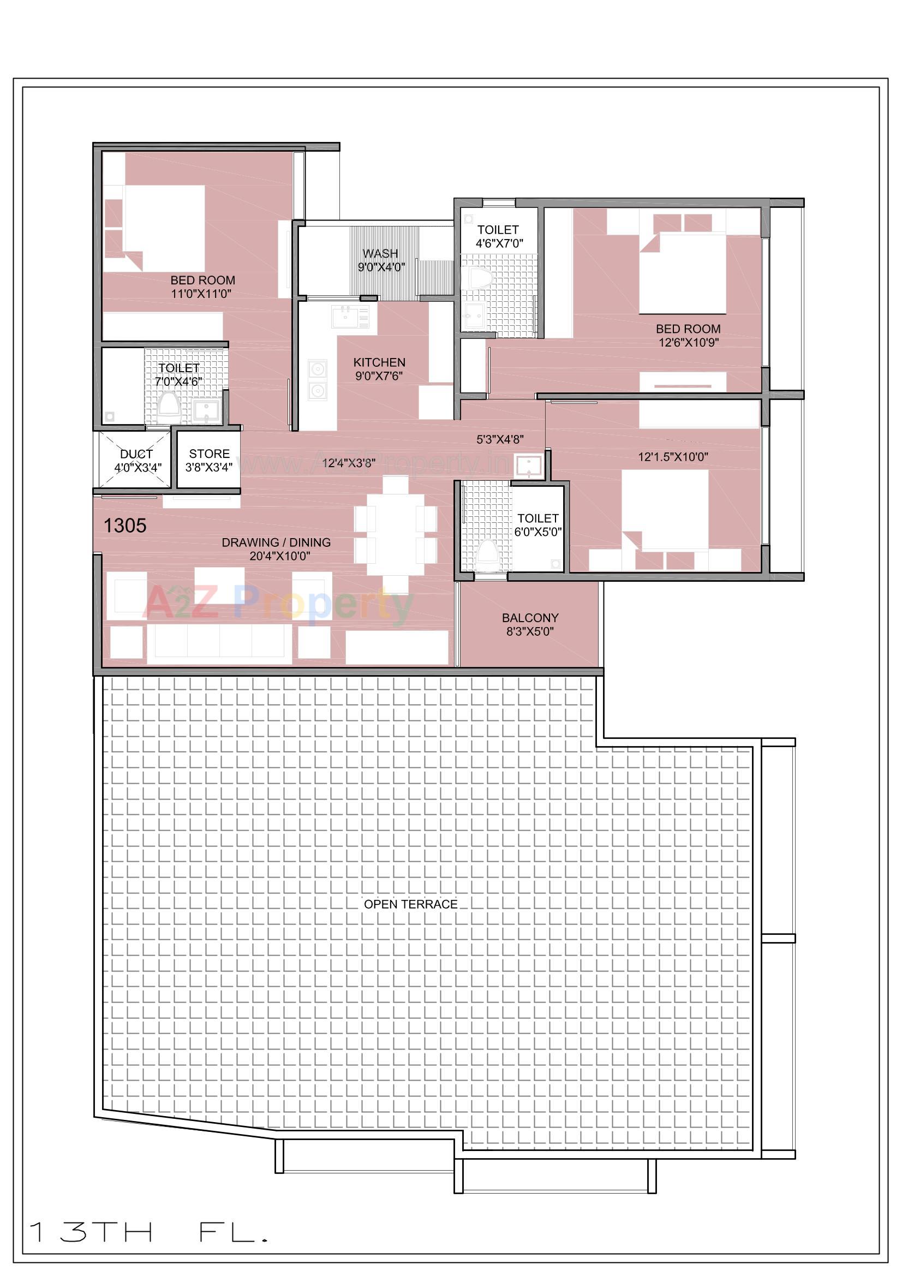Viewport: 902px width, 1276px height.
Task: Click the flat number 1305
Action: point(125,526)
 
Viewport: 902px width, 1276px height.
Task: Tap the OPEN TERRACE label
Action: point(411,904)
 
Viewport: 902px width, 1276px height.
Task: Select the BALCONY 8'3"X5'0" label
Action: point(530,624)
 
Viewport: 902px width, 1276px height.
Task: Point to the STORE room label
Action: point(209,460)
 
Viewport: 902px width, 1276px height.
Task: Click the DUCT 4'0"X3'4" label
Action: point(137,461)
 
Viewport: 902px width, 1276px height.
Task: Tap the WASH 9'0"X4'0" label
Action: point(381,260)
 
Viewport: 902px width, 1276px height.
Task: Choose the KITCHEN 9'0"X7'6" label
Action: point(379,368)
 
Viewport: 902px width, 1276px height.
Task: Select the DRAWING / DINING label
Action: point(276,548)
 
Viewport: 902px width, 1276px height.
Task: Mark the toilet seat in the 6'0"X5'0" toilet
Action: point(487,551)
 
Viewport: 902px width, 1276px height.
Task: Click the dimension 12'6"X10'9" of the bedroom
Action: point(689,342)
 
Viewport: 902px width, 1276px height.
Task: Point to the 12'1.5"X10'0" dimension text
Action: point(672,457)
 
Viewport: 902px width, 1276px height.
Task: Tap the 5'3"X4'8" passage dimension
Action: point(500,439)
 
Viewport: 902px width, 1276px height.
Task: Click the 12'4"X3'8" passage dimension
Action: point(349,462)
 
